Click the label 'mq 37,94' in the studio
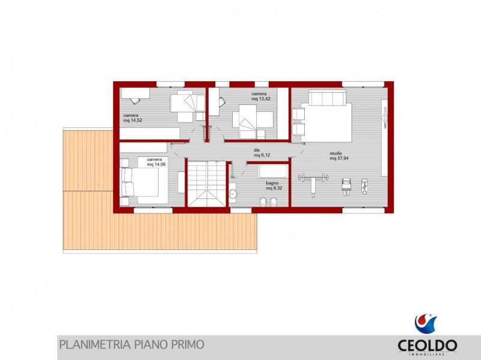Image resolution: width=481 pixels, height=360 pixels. [339, 158]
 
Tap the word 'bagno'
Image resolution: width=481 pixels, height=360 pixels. [272, 183]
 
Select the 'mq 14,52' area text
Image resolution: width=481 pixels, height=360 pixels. [132, 121]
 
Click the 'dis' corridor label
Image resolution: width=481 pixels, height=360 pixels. [257, 150]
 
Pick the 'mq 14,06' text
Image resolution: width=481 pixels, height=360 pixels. [156, 164]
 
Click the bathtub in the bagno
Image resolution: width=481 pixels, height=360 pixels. [274, 171]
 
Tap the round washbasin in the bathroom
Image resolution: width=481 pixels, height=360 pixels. [233, 194]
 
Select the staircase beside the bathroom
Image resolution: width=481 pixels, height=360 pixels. [207, 183]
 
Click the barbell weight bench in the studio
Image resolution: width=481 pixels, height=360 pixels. [313, 183]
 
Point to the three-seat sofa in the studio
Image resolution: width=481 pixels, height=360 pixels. [327, 97]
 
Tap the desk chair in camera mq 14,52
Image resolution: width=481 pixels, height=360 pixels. [135, 100]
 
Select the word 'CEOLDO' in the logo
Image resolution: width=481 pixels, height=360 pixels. [427, 346]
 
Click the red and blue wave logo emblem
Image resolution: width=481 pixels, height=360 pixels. [426, 323]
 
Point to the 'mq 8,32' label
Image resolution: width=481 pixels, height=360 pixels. [274, 188]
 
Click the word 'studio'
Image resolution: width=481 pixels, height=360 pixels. [336, 153]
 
